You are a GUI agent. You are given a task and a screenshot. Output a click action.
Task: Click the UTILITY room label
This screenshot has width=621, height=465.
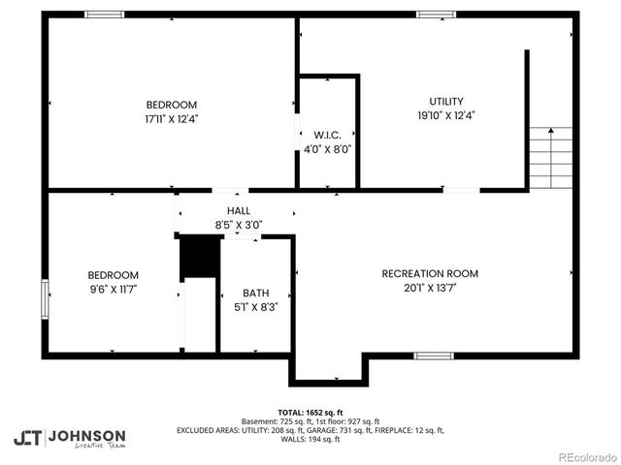[x=446, y=102]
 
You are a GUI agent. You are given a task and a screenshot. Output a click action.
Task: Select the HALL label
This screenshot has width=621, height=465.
[x=239, y=210]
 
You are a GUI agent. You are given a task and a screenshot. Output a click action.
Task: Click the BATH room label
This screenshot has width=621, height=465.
[x=256, y=293]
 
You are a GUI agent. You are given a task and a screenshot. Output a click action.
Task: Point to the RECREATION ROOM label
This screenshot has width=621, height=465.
[x=429, y=273]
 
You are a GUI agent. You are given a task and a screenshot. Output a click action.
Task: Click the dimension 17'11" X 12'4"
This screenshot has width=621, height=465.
[x=172, y=118]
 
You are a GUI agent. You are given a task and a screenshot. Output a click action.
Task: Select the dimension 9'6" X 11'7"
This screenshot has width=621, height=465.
[x=113, y=289]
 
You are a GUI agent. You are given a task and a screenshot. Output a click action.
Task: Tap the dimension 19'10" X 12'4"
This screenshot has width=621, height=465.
[x=446, y=115]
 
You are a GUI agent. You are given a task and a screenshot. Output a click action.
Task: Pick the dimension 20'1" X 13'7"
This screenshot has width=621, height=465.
[x=429, y=287]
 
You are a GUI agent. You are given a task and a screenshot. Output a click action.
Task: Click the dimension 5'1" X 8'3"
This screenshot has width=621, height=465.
[x=256, y=306]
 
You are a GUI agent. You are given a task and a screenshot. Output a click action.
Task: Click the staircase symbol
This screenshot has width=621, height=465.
[x=550, y=158]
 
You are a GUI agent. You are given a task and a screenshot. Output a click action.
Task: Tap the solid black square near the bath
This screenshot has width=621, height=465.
[x=198, y=257]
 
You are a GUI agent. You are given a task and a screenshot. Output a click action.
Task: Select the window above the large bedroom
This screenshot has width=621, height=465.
[x=104, y=15]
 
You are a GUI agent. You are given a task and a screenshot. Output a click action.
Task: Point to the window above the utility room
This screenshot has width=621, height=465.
[x=437, y=15]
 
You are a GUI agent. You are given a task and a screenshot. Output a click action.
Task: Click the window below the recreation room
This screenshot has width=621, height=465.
[x=434, y=356]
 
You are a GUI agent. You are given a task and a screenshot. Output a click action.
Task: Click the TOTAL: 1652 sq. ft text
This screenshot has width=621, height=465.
[x=310, y=412]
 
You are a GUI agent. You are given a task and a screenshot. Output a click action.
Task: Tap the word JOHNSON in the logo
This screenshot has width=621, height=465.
[x=87, y=435]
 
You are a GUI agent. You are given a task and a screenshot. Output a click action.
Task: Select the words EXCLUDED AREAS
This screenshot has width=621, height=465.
[x=208, y=430]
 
